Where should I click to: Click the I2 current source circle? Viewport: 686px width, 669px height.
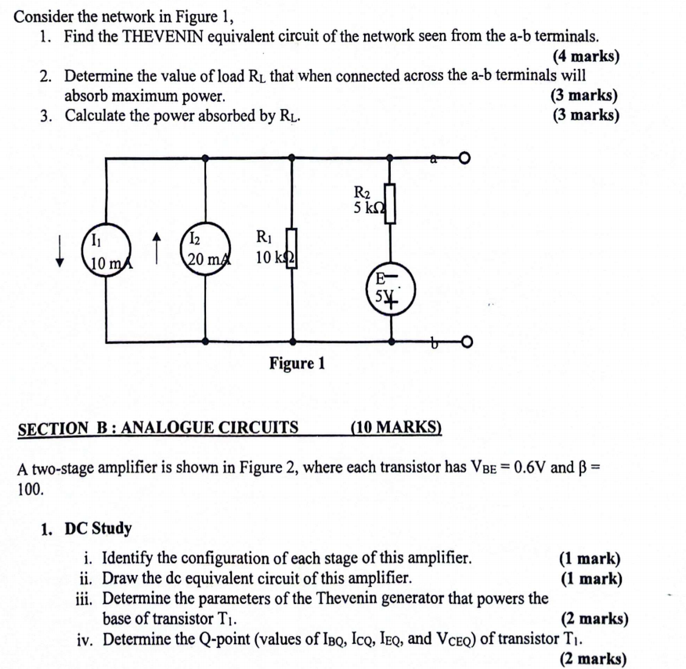(205, 250)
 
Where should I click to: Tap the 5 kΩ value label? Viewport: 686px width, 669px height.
(369, 208)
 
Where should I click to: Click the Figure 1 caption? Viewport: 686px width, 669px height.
(297, 363)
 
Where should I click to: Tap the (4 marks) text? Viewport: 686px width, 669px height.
(586, 56)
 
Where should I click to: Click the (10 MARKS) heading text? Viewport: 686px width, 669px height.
(396, 428)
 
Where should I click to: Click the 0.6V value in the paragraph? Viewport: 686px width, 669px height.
(522, 468)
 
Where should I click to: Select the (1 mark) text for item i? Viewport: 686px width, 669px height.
(590, 559)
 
